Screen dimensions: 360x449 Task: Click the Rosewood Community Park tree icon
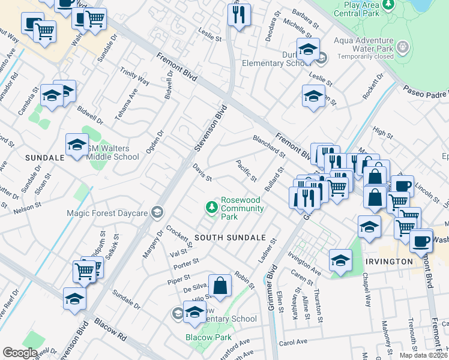211,208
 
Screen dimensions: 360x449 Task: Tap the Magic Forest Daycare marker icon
157,212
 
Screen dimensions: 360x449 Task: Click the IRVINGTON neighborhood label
389,262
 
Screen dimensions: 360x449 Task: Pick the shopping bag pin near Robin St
220,287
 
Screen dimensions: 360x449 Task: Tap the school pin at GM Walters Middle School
77,145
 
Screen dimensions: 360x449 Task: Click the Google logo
19,352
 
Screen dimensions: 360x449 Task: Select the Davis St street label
202,173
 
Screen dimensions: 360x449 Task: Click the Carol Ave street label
293,343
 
